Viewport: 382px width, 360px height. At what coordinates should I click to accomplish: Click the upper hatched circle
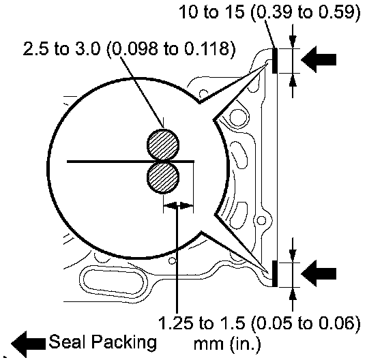(x=163, y=145)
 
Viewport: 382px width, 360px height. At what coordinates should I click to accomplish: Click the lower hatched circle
(x=163, y=178)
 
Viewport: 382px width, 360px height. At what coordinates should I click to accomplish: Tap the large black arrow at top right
(x=319, y=59)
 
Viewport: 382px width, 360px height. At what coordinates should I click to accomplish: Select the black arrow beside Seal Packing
(x=28, y=344)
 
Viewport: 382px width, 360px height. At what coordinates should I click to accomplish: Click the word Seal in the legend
(x=68, y=342)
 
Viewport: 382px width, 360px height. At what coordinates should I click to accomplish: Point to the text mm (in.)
(x=226, y=344)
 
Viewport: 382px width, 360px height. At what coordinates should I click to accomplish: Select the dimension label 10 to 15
(x=211, y=11)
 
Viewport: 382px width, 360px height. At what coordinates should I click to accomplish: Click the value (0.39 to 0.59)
(x=306, y=12)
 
